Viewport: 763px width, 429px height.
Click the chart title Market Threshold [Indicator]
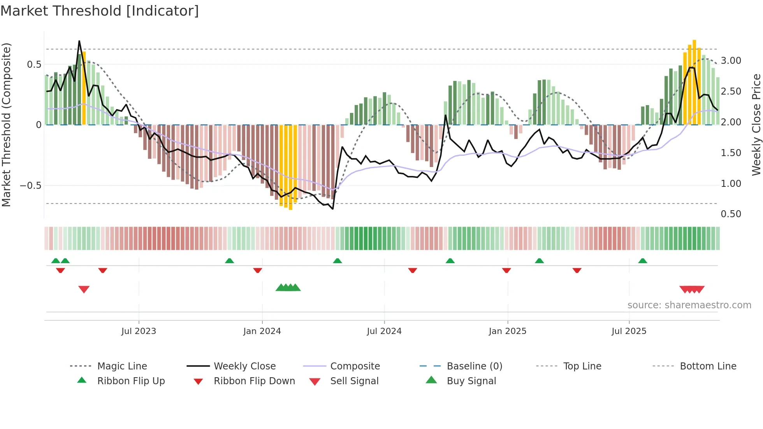[100, 11]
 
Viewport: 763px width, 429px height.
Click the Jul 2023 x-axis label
[139, 331]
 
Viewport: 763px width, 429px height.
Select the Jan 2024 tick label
[262, 331]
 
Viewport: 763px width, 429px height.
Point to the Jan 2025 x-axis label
[507, 331]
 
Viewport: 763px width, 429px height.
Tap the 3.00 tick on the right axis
[731, 61]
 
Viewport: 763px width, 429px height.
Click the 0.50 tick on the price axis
[731, 214]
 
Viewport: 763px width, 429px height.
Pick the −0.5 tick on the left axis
[30, 186]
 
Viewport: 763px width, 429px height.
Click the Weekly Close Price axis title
[756, 125]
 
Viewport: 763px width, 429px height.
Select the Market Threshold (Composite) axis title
[6, 125]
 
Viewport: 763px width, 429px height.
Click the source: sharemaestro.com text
[689, 305]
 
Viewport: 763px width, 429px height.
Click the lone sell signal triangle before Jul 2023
[84, 289]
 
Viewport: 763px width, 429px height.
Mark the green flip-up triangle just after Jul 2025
[642, 261]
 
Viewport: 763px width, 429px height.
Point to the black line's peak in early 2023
[79, 41]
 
